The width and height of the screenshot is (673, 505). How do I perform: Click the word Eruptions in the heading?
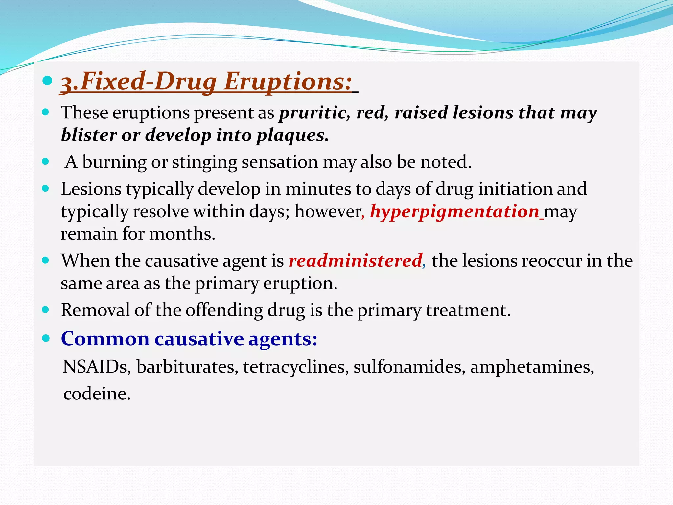(x=288, y=81)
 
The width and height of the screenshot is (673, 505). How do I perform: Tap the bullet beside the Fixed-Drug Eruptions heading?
(x=48, y=81)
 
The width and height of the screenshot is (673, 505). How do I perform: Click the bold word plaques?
(x=292, y=135)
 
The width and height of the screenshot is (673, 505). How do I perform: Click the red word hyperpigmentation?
(x=455, y=211)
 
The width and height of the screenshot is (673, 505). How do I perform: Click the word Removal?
(x=95, y=310)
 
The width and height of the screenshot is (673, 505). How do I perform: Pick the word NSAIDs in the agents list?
(x=95, y=367)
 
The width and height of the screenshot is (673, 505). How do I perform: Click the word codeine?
(x=97, y=394)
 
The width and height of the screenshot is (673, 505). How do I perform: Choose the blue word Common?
(x=105, y=339)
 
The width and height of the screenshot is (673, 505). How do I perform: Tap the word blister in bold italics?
(x=89, y=135)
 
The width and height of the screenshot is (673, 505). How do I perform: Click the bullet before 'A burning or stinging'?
(x=46, y=162)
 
